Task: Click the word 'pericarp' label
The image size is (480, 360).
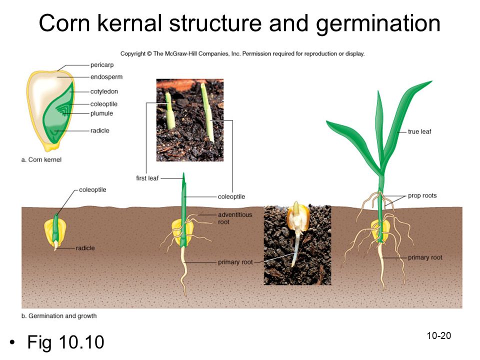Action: coord(102,65)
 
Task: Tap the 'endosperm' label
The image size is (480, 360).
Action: coord(106,77)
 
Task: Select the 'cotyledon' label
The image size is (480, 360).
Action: coord(104,91)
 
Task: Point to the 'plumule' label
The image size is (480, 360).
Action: coord(101,113)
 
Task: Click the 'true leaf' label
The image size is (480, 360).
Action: coord(419,131)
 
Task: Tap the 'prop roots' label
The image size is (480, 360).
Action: coord(422,195)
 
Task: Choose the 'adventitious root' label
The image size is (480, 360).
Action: coord(235,218)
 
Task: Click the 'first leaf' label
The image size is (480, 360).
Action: coord(147,178)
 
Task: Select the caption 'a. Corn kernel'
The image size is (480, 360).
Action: coord(41,160)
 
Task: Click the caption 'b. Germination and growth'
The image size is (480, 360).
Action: coord(59,316)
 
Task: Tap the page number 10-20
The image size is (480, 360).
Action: coord(439,336)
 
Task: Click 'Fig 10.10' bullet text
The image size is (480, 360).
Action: coord(66,342)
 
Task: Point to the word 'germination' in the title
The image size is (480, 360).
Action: coord(378,24)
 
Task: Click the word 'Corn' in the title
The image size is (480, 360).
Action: coord(64,23)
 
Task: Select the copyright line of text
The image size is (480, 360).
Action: coord(242,53)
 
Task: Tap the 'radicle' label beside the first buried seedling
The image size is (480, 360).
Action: coord(85,248)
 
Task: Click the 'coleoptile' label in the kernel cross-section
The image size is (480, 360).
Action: coord(104,104)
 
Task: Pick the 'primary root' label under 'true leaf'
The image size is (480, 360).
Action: coord(425,258)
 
